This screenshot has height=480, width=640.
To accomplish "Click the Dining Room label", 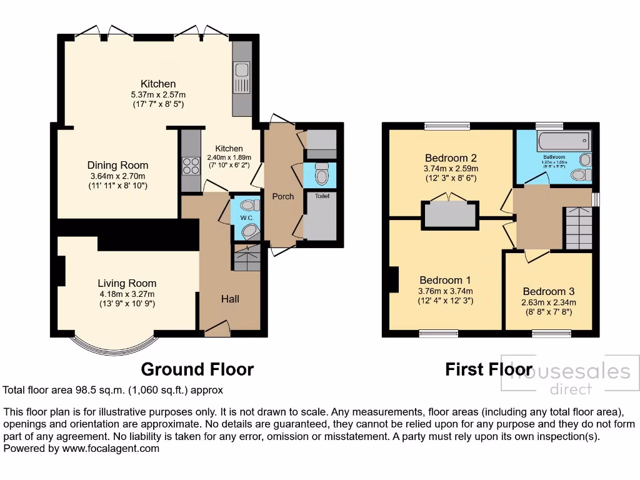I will (x=117, y=165).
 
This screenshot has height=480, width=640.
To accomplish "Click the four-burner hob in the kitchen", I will (x=189, y=165).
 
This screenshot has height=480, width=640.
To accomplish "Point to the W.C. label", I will (x=246, y=218).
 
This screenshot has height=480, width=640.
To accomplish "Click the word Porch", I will (x=282, y=196).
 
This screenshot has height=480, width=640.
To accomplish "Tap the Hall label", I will (x=229, y=299).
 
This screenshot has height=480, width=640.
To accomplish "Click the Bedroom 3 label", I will (x=548, y=291).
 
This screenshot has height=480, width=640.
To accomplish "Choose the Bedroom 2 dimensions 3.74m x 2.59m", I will (x=451, y=168).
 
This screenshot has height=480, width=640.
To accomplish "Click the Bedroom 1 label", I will (x=445, y=280).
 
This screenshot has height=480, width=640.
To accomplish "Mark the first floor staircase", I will (x=577, y=228).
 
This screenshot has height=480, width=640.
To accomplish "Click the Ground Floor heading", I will (x=197, y=369).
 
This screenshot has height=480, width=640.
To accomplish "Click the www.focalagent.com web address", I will (x=111, y=448).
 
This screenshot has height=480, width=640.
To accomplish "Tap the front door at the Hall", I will (x=217, y=327).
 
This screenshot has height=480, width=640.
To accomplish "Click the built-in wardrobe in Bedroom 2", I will (x=450, y=214).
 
